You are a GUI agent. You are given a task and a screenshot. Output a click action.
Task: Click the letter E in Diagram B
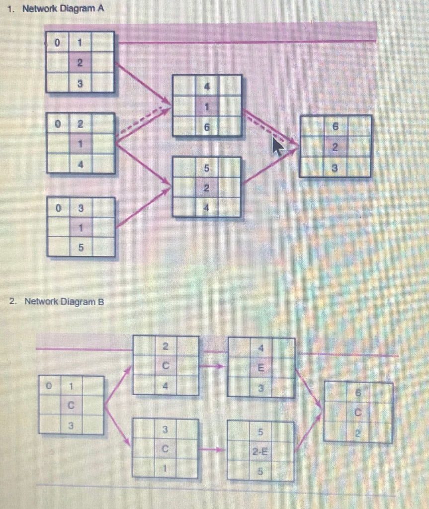coord(260,369)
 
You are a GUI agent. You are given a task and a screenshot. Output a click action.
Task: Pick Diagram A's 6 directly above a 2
coord(335,127)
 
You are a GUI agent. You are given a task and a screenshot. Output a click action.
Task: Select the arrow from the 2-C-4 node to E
coord(213,367)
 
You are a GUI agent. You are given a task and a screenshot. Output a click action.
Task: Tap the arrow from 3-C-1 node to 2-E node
coord(213,450)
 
